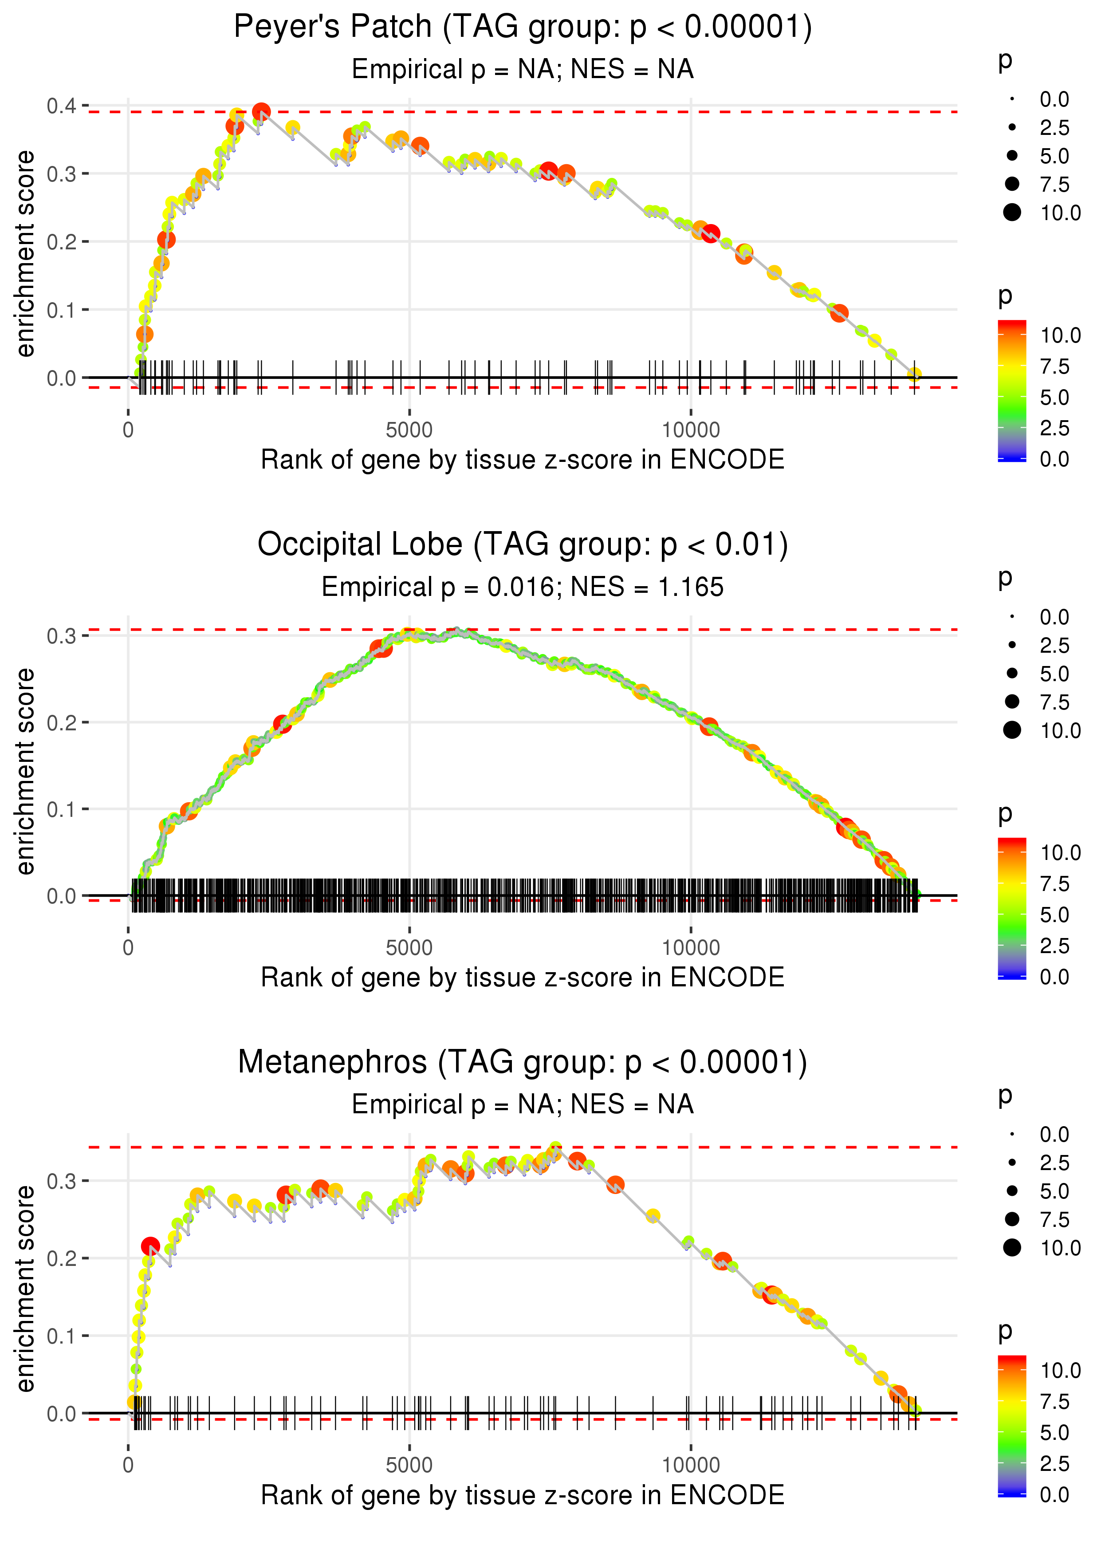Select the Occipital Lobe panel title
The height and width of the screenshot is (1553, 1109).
(523, 545)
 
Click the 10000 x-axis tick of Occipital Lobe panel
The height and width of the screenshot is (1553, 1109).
(690, 948)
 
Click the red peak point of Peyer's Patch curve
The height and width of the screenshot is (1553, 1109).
(261, 111)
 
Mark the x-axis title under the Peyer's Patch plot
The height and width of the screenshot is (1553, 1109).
(523, 460)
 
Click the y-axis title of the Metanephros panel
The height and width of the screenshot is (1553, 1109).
(25, 1288)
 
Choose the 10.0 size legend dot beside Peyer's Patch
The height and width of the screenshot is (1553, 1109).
(1012, 213)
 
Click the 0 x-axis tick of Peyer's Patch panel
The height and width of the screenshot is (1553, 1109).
(128, 430)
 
